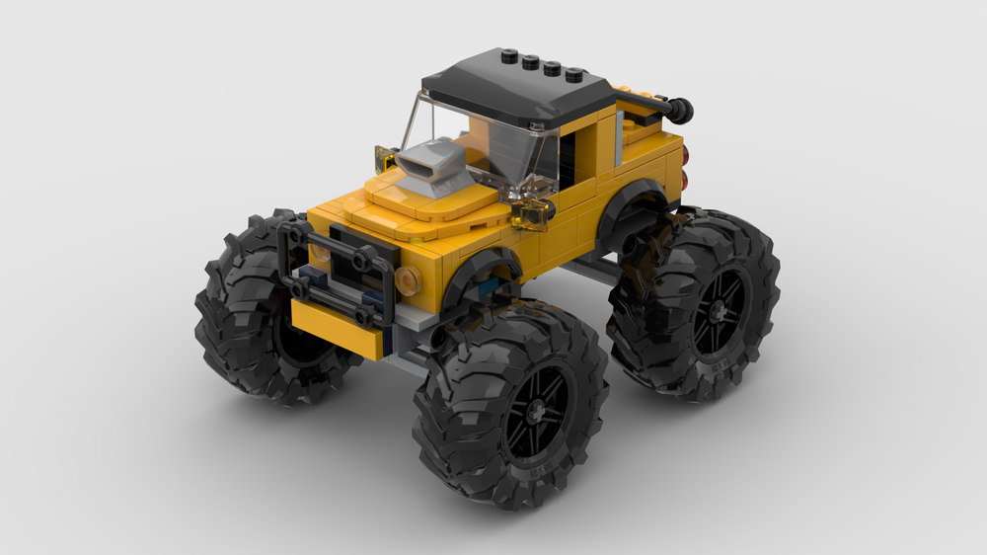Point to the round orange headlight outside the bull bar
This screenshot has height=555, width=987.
pos(406,280)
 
